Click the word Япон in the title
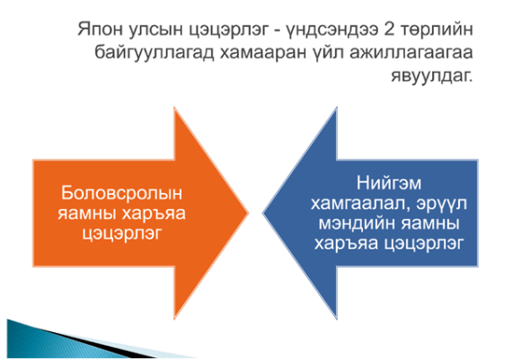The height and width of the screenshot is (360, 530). pyautogui.click(x=100, y=29)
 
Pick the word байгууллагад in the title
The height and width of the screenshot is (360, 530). pyautogui.click(x=155, y=53)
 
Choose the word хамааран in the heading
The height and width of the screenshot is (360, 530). pyautogui.click(x=263, y=54)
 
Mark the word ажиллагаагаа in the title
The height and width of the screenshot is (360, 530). pyautogui.click(x=411, y=54)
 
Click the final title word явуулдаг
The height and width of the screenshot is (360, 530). pyautogui.click(x=432, y=76)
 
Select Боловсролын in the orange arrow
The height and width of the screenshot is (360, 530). pyautogui.click(x=121, y=194)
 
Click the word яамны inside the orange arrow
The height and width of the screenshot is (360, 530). pyautogui.click(x=86, y=214)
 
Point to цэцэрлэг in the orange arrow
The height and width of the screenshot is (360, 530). pyautogui.click(x=122, y=234)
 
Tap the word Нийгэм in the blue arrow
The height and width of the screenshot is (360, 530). pyautogui.click(x=389, y=184)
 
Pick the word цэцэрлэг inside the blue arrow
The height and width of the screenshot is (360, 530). pyautogui.click(x=422, y=244)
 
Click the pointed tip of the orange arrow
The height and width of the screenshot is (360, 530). pyautogui.click(x=248, y=213)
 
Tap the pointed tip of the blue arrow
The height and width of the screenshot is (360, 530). pyautogui.click(x=263, y=213)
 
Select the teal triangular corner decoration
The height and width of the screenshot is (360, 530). pyautogui.click(x=67, y=341)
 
